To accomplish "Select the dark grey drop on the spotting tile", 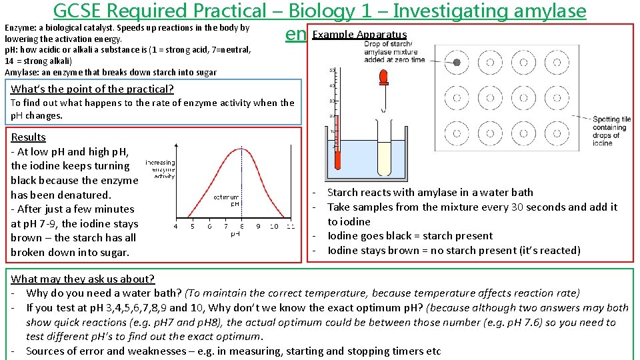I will click(457, 63).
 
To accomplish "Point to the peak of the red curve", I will click(233, 149).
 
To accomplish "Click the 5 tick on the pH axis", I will click(193, 227).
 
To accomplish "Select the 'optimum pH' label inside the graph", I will click(227, 201).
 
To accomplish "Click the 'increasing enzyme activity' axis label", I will click(160, 169).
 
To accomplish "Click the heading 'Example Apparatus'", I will click(359, 35).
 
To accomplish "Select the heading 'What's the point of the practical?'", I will click(93, 89).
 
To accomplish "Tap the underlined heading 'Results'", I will click(29, 137).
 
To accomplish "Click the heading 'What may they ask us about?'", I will click(83, 279).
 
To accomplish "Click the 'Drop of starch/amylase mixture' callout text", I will click(395, 52).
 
